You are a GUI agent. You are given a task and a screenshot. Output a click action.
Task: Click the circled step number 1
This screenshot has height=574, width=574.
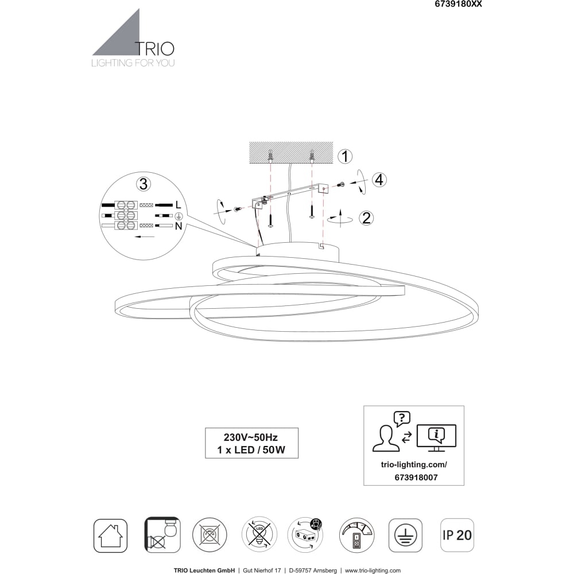[x=344, y=156]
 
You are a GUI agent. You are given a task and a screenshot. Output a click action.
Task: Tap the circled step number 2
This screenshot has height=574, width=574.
[x=366, y=218]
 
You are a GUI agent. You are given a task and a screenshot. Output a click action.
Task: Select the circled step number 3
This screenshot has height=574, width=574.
[x=143, y=184]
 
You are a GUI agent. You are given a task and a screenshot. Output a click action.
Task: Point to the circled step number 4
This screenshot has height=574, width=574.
[x=379, y=180]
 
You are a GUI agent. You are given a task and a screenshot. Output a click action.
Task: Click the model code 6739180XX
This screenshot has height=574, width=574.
[x=458, y=4]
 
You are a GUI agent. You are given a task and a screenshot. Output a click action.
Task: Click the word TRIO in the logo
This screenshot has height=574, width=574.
[x=154, y=49]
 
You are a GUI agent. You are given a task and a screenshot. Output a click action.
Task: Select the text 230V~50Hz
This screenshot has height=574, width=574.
[x=251, y=437]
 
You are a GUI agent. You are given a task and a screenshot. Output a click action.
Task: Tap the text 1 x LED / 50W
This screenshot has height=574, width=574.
[x=251, y=449]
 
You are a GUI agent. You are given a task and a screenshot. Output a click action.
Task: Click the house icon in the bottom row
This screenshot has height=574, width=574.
[x=110, y=535]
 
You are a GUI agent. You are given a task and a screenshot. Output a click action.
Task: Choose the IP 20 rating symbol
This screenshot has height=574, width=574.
[x=457, y=535]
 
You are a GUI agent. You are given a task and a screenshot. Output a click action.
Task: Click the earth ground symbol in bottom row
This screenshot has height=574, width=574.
[x=405, y=535]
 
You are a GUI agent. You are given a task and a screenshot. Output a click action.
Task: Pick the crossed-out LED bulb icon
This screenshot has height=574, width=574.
[x=259, y=535]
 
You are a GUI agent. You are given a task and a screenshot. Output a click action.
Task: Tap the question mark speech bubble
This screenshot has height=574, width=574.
[x=402, y=418]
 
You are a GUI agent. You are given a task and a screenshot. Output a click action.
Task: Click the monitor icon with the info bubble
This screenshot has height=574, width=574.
[x=437, y=438]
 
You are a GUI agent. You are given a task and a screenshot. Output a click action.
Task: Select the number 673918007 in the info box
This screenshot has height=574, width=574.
[x=416, y=478]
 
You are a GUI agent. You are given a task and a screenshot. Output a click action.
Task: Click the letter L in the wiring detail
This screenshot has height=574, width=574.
[x=179, y=205]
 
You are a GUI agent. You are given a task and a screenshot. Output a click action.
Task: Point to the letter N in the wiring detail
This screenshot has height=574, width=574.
[x=179, y=226]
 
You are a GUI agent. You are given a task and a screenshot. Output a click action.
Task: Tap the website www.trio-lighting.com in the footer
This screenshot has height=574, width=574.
[x=373, y=571]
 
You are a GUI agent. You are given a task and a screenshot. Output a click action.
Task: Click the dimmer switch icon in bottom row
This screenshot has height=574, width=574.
[x=357, y=535]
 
